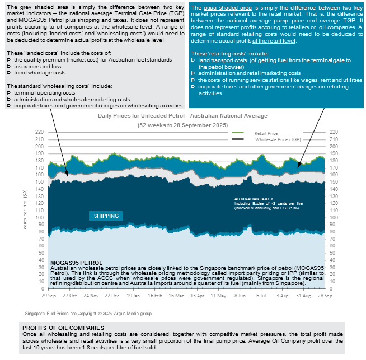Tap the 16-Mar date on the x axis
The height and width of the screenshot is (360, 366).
point(173,294)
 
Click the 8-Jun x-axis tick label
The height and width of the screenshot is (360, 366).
point(241,294)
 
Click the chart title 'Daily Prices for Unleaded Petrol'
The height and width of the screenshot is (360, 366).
point(182,116)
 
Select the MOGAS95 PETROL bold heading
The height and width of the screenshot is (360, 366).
point(76,262)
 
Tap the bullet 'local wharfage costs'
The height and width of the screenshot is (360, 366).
point(39,73)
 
